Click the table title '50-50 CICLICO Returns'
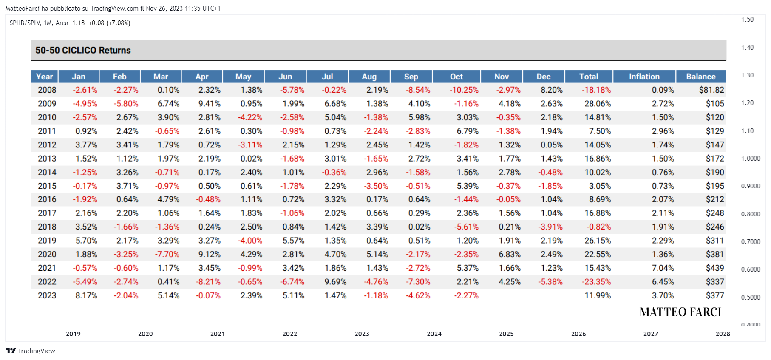click(83, 50)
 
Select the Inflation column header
click(644, 77)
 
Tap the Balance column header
click(700, 77)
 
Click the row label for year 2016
click(47, 199)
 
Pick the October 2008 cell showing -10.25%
click(464, 90)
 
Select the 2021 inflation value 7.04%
click(663, 268)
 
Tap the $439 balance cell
click(715, 268)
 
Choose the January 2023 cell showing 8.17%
click(86, 295)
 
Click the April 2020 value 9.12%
click(210, 254)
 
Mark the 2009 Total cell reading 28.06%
click(598, 104)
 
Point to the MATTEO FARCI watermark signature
click(680, 312)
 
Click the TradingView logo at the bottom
click(30, 351)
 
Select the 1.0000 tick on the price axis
click(751, 159)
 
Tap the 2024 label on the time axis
click(434, 334)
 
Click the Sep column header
click(411, 77)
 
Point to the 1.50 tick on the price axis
click(747, 20)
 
